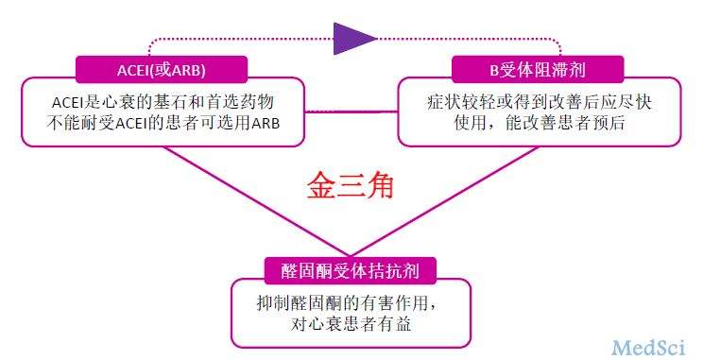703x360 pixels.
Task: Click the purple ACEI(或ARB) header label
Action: coord(161,69)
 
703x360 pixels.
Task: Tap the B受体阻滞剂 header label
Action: coord(538,69)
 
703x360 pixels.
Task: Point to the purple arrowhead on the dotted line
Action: coord(355,37)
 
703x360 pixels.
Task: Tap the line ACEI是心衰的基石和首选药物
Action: coord(163,100)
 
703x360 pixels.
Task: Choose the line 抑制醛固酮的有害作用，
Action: coord(351,302)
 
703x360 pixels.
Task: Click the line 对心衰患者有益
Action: coord(351,324)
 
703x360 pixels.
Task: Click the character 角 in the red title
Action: coord(380,184)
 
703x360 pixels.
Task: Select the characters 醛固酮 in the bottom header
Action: coord(306,269)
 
